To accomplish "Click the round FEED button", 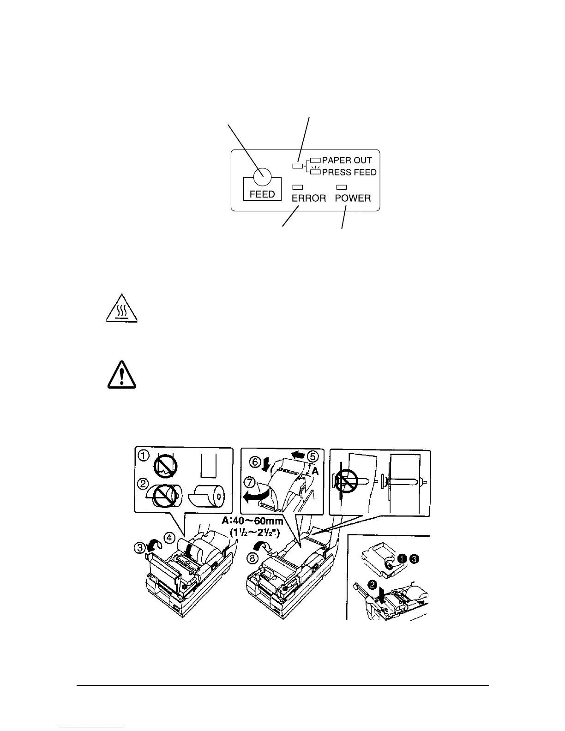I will pyautogui.click(x=262, y=174).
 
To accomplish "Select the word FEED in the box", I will pyautogui.click(x=262, y=194).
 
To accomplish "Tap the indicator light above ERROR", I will pyautogui.click(x=298, y=187).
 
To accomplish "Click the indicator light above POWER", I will pyautogui.click(x=342, y=187).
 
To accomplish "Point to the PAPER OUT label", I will pyautogui.click(x=347, y=161).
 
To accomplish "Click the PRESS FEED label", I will pyautogui.click(x=349, y=173).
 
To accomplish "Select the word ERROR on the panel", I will pyautogui.click(x=309, y=198).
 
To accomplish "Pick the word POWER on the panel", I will pyautogui.click(x=353, y=198).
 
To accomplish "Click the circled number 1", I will pyautogui.click(x=144, y=456).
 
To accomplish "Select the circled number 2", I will pyautogui.click(x=144, y=484).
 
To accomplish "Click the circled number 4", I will pyautogui.click(x=170, y=538).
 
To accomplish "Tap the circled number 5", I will pyautogui.click(x=313, y=456).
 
